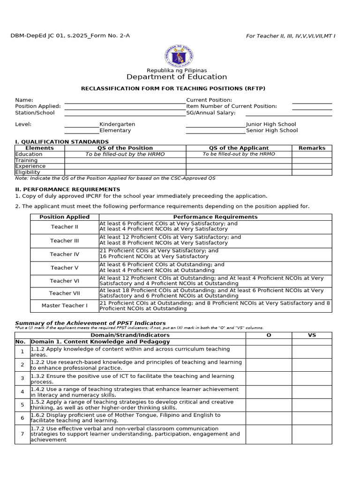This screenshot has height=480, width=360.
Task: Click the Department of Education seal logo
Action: (179, 56)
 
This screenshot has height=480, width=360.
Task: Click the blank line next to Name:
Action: (125, 100)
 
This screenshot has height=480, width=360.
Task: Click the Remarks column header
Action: (312, 148)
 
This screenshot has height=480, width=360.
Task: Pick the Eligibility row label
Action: (28, 172)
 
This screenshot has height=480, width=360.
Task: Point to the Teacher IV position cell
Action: (65, 255)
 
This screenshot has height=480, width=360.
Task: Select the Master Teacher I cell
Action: (65, 306)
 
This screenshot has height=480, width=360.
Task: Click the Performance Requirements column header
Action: (215, 217)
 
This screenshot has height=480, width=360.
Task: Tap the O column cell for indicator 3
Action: (269, 379)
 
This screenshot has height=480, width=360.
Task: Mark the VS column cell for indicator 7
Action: (312, 435)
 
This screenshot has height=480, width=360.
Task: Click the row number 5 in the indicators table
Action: (22, 405)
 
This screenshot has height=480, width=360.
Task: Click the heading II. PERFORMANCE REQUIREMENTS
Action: (67, 189)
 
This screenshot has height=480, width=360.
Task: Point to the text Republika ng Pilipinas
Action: (177, 70)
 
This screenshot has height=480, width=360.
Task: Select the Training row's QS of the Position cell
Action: (125, 160)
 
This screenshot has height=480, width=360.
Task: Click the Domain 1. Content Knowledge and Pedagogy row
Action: (100, 342)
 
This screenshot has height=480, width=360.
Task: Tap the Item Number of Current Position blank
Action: (312, 107)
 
